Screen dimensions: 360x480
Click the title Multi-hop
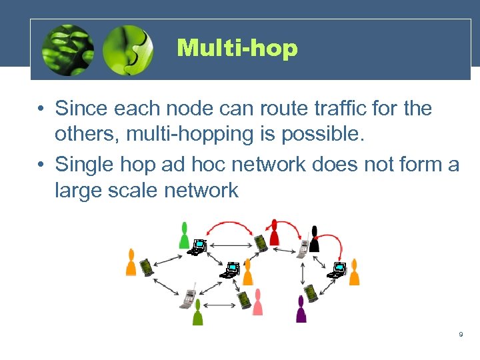coord(237,48)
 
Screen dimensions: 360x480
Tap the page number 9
coord(461,334)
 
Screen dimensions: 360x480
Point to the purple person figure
coord(301,309)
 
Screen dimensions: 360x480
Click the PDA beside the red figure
coord(262,240)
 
